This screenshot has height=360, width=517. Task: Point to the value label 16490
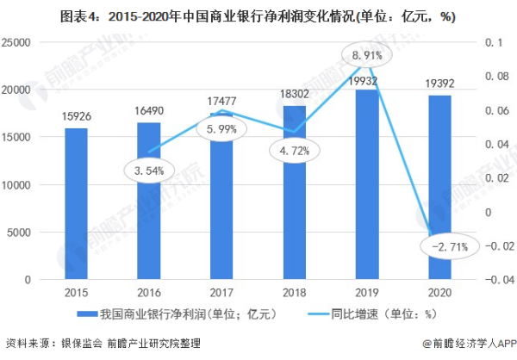click(148, 112)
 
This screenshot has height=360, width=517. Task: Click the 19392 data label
click(440, 84)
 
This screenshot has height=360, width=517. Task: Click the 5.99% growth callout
click(221, 129)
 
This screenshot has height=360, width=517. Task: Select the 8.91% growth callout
click(367, 55)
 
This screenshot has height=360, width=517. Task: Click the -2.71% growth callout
click(442, 247)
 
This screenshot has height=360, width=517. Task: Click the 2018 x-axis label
click(295, 293)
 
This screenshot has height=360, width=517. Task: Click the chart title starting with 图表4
click(258, 15)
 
